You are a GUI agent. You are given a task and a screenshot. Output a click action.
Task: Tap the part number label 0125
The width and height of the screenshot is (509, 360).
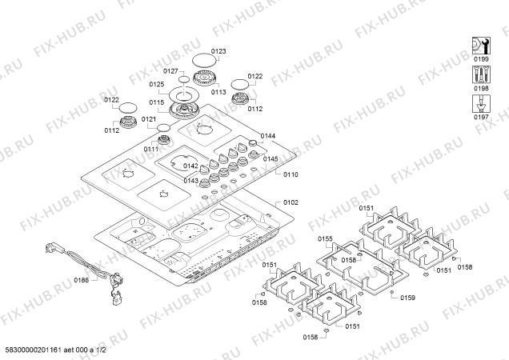pos(156,84)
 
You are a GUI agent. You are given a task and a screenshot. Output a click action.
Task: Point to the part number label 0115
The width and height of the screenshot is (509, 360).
pos(156,102)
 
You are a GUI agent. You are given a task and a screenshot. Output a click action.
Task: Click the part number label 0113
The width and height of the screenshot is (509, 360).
pos(218,92)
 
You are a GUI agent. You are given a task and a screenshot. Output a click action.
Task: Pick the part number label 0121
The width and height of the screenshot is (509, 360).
pos(149,119)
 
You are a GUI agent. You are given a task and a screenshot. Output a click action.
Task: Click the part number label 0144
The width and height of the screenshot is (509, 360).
pos(268,137)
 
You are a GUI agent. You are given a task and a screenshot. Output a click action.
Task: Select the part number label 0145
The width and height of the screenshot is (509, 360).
pos(271,158)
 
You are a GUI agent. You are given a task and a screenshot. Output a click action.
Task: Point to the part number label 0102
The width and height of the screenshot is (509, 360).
pos(290,203)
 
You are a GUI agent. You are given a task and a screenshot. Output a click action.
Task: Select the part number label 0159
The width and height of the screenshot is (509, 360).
pos(407,298)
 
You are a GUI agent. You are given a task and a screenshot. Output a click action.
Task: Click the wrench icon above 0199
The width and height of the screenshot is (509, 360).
pos(480,44)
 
